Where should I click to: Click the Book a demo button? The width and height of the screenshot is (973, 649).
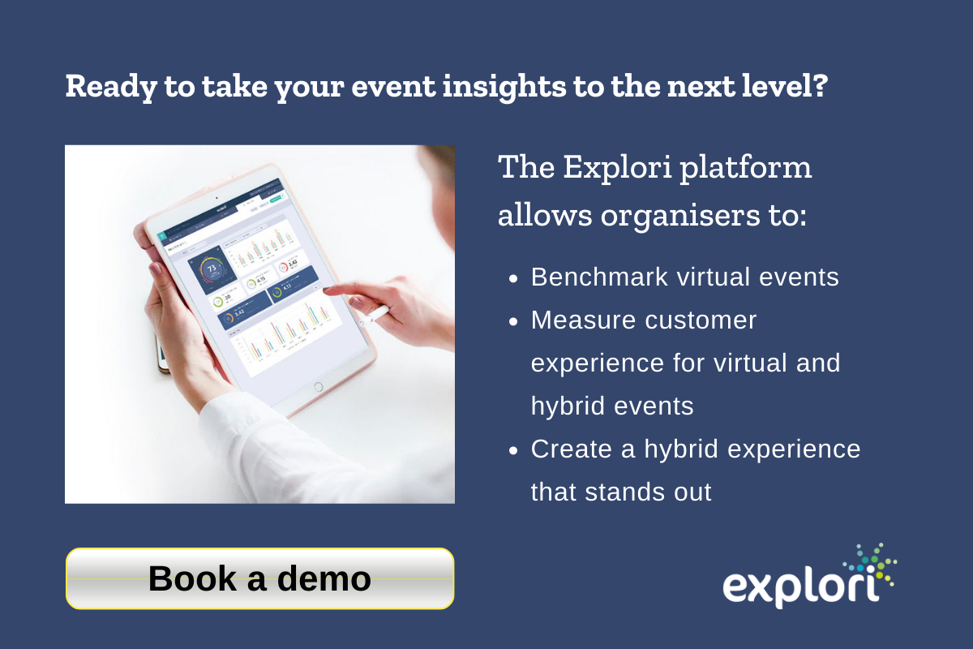(x=259, y=578)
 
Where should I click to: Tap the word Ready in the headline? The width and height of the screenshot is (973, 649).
(x=104, y=86)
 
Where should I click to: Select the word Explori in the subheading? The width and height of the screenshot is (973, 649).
(x=615, y=167)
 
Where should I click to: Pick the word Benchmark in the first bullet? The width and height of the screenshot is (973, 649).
(x=590, y=277)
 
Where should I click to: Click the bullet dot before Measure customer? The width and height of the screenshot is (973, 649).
(x=513, y=321)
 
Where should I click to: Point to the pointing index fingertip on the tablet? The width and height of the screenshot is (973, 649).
(x=328, y=290)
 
